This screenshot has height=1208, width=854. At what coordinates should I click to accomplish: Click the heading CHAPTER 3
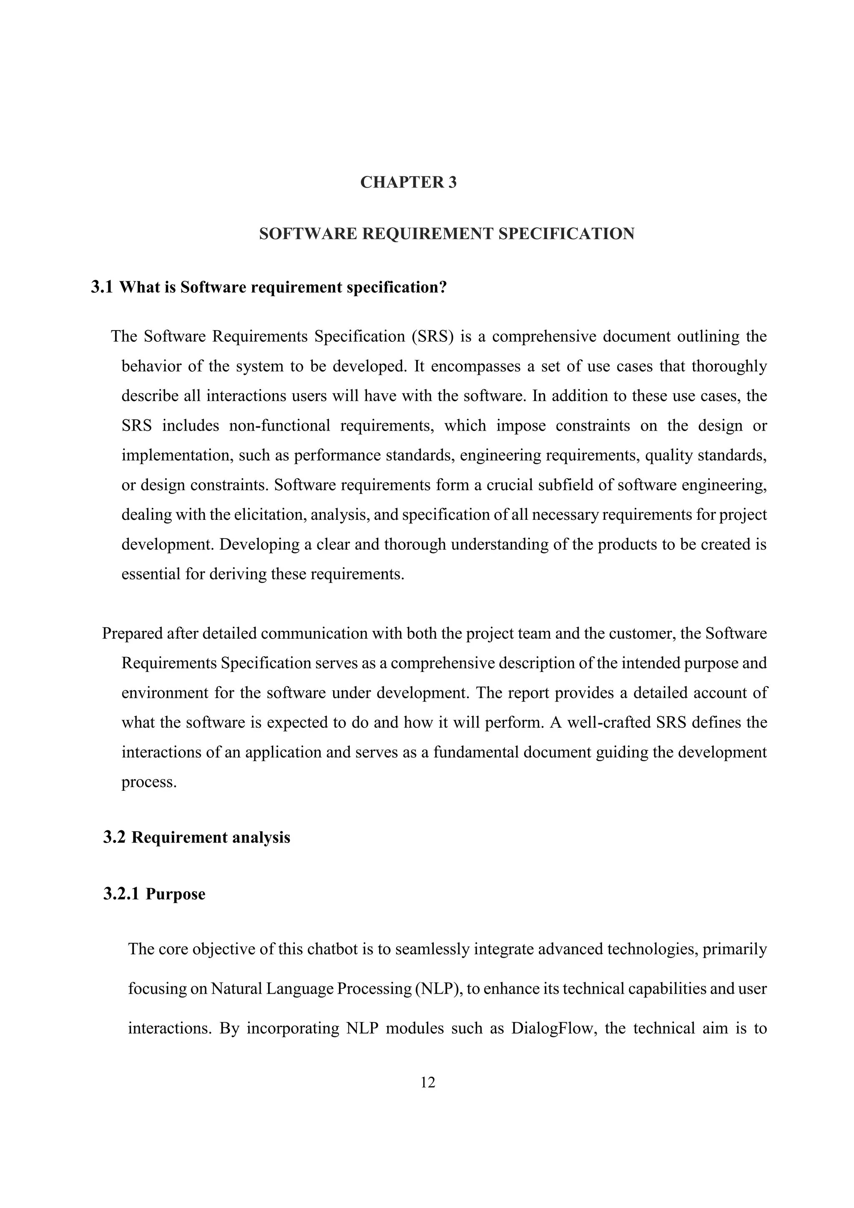[x=408, y=182]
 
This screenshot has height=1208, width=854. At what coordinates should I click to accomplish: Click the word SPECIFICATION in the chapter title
[x=566, y=233]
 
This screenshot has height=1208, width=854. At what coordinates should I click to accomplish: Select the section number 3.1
[x=102, y=287]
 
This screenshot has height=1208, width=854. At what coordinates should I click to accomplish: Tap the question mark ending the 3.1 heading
[x=442, y=287]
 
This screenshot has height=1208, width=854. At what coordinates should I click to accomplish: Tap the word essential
[x=151, y=574]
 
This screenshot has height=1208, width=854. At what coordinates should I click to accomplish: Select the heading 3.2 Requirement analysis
[x=197, y=837]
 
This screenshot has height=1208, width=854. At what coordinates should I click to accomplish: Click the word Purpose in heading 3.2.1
[x=175, y=894]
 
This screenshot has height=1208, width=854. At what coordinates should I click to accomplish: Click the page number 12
[x=428, y=1082]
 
